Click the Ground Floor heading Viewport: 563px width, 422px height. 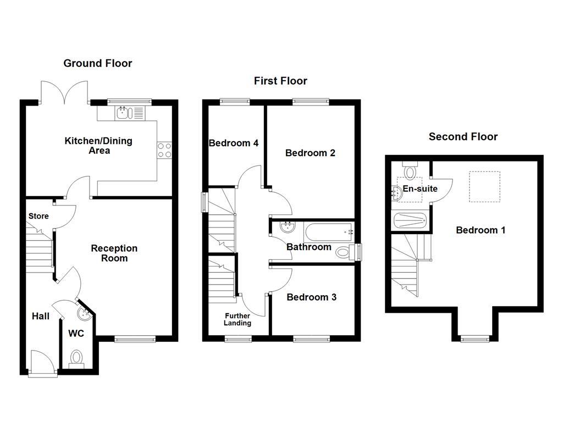(x=98, y=63)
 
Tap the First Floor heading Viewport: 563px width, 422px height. (x=280, y=81)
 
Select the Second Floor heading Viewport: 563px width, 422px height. (x=463, y=136)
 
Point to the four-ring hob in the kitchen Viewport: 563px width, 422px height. (x=164, y=150)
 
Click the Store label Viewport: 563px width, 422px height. (x=38, y=216)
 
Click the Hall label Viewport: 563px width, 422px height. (x=40, y=316)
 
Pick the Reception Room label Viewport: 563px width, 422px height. (x=114, y=253)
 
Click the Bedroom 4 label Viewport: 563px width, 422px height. (x=234, y=143)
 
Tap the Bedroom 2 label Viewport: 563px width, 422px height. (x=310, y=153)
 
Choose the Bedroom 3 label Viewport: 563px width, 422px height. (x=312, y=297)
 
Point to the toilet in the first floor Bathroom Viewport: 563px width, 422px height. (x=345, y=252)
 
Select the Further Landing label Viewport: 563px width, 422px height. (x=237, y=319)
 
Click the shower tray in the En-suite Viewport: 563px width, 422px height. (x=410, y=221)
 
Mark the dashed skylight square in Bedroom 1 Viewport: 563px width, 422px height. (x=484, y=187)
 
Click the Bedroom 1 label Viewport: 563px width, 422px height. (x=481, y=230)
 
